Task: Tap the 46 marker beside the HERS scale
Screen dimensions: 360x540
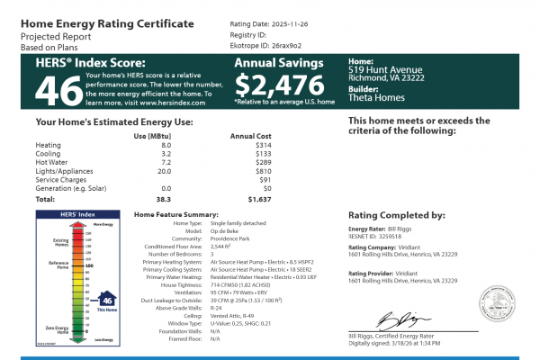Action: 107,299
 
